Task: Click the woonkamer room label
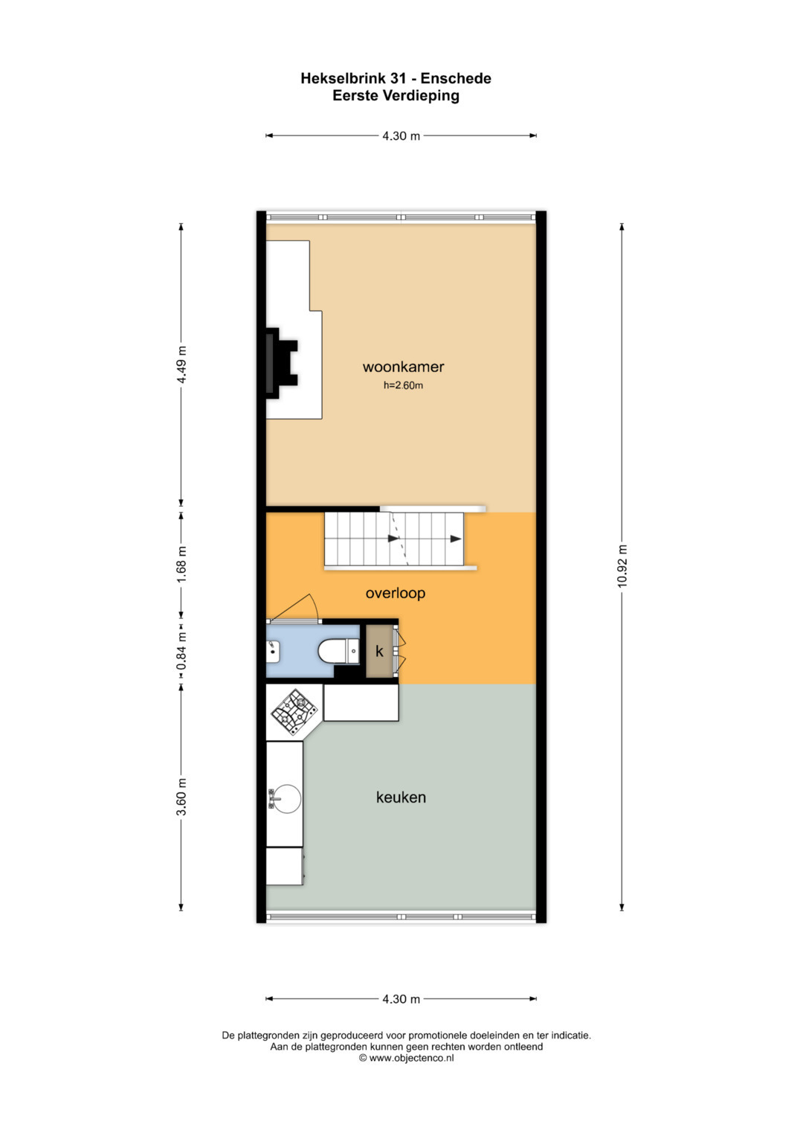pos(403,367)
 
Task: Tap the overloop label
pos(395,593)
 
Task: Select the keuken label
pos(401,798)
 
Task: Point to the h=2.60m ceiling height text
pos(403,385)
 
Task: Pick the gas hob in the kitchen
pos(294,711)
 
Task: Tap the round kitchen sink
pos(286,799)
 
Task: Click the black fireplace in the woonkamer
pos(279,363)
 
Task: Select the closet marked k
pos(379,652)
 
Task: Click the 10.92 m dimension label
pos(622,566)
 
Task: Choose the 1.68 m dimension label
pos(181,564)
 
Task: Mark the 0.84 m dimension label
pos(181,651)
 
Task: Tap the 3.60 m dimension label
pos(181,797)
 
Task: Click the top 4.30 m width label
pos(401,136)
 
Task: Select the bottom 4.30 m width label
pos(401,999)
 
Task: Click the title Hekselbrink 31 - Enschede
pos(396,78)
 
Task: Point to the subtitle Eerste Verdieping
pos(396,95)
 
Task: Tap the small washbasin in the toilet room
pos(273,652)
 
